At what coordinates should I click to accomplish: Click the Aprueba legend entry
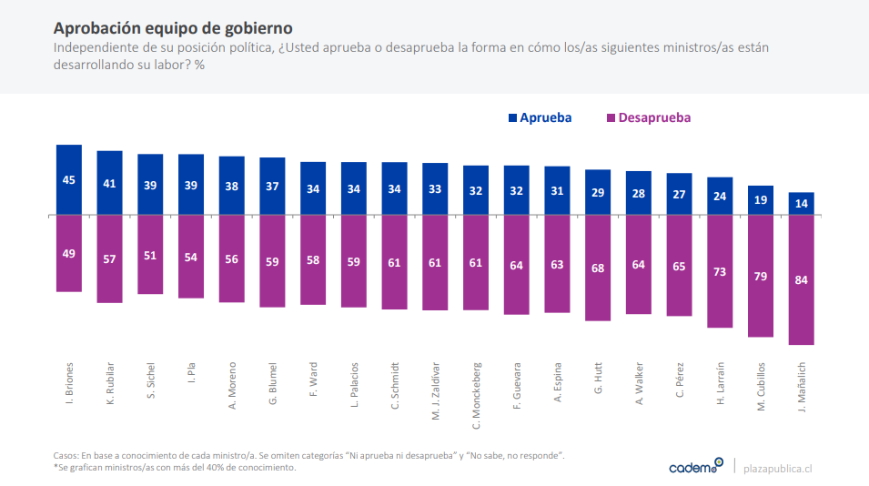click(540, 117)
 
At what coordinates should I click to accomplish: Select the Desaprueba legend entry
click(648, 117)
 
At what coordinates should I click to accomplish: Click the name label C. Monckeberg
click(476, 392)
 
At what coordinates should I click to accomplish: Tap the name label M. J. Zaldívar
click(435, 390)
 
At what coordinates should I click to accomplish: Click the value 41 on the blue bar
click(110, 183)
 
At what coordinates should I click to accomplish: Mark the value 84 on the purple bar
click(801, 279)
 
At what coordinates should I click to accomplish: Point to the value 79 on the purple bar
click(761, 276)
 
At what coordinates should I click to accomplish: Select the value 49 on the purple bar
click(69, 253)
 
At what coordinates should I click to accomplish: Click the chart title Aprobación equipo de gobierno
click(173, 28)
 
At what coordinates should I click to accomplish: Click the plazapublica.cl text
click(777, 467)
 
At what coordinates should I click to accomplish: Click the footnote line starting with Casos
click(309, 454)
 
